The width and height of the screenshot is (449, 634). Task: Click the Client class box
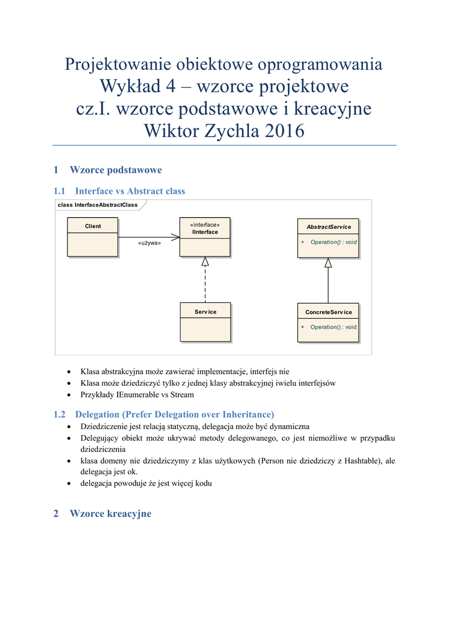point(92,237)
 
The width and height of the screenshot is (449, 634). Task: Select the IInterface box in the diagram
point(205,237)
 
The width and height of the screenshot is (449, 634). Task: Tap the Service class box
point(205,322)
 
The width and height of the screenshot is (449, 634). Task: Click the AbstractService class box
point(328,237)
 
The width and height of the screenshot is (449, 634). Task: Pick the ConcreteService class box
point(328,322)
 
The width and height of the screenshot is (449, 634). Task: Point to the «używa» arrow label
point(149,243)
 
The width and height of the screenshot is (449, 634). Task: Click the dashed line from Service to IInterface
point(205,285)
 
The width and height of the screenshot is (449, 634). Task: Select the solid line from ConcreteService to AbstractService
point(328,285)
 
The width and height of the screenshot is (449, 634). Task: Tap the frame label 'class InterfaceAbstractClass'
point(97,205)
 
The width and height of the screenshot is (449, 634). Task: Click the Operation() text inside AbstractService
point(333,242)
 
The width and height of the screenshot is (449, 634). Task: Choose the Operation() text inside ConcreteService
point(333,327)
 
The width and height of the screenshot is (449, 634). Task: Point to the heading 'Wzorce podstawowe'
point(116,170)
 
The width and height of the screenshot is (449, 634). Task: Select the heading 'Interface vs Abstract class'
point(129,191)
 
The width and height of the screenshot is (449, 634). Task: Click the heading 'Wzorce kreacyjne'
point(110,514)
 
